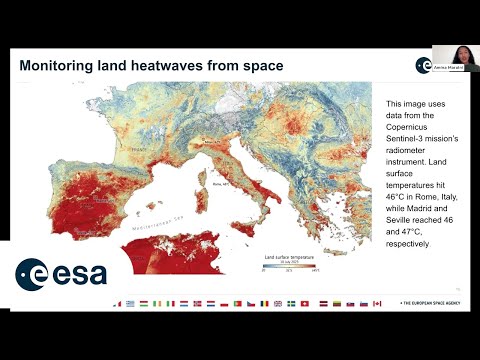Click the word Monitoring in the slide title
pyautogui.click(x=65, y=66)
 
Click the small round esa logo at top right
pyautogui.click(x=424, y=64)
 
